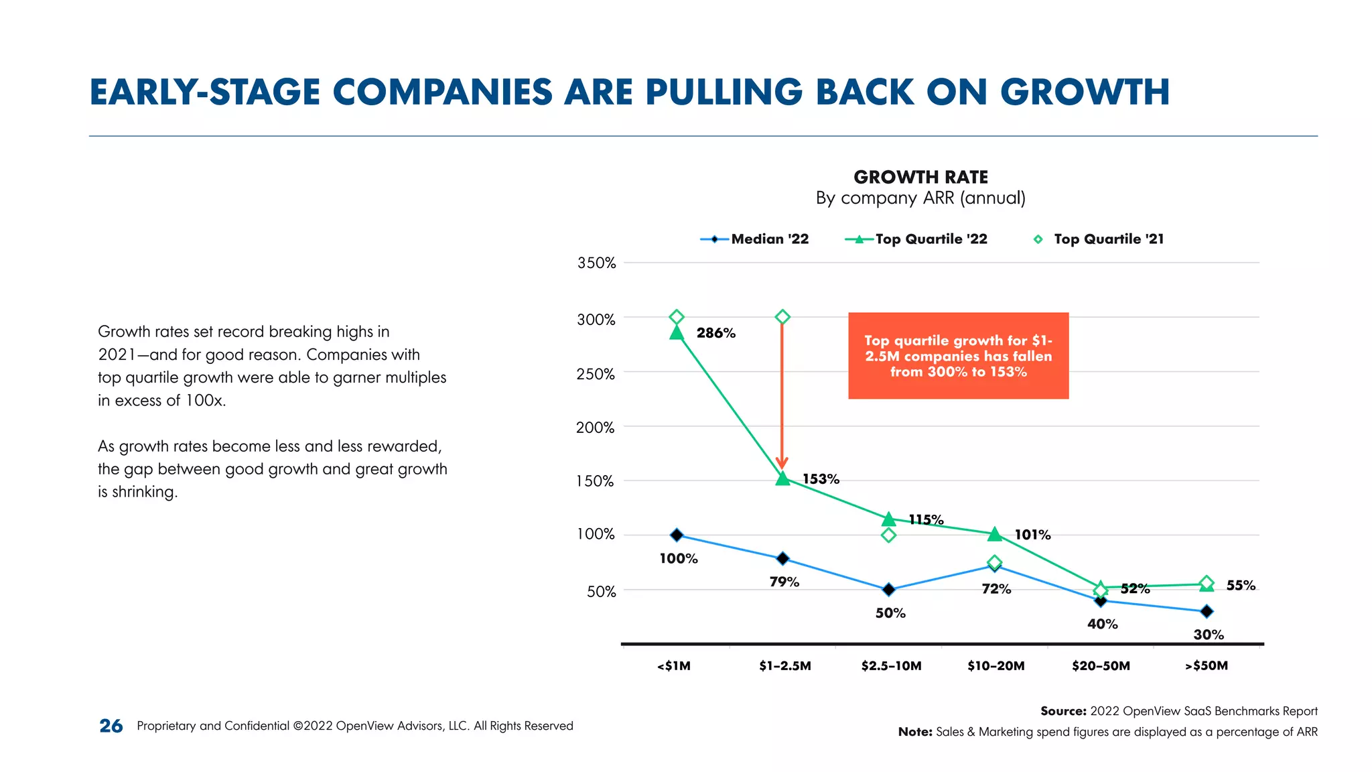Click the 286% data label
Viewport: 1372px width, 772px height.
[x=715, y=333]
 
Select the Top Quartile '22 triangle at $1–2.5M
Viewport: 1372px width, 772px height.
[x=782, y=478]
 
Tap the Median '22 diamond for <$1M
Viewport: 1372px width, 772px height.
[x=677, y=535]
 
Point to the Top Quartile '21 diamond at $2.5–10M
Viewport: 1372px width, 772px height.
[x=888, y=535]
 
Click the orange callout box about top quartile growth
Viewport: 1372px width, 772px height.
[x=958, y=356]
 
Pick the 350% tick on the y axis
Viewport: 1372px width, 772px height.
[x=596, y=263]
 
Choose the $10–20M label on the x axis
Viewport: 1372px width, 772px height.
[x=996, y=666]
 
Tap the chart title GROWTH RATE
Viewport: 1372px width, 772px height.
[x=920, y=178]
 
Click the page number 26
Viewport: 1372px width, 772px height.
[x=111, y=726]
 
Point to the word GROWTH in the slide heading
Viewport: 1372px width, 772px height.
[x=1085, y=92]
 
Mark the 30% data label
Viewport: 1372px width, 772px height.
[x=1208, y=635]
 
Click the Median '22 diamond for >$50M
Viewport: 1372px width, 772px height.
[x=1207, y=611]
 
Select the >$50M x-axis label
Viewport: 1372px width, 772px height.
[x=1206, y=666]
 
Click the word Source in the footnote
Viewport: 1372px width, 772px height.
[x=1062, y=711]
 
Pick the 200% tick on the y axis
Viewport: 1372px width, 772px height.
[x=595, y=428]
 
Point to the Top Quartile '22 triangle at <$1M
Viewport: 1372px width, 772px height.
[x=677, y=332]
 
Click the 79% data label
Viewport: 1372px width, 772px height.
[x=784, y=582]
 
